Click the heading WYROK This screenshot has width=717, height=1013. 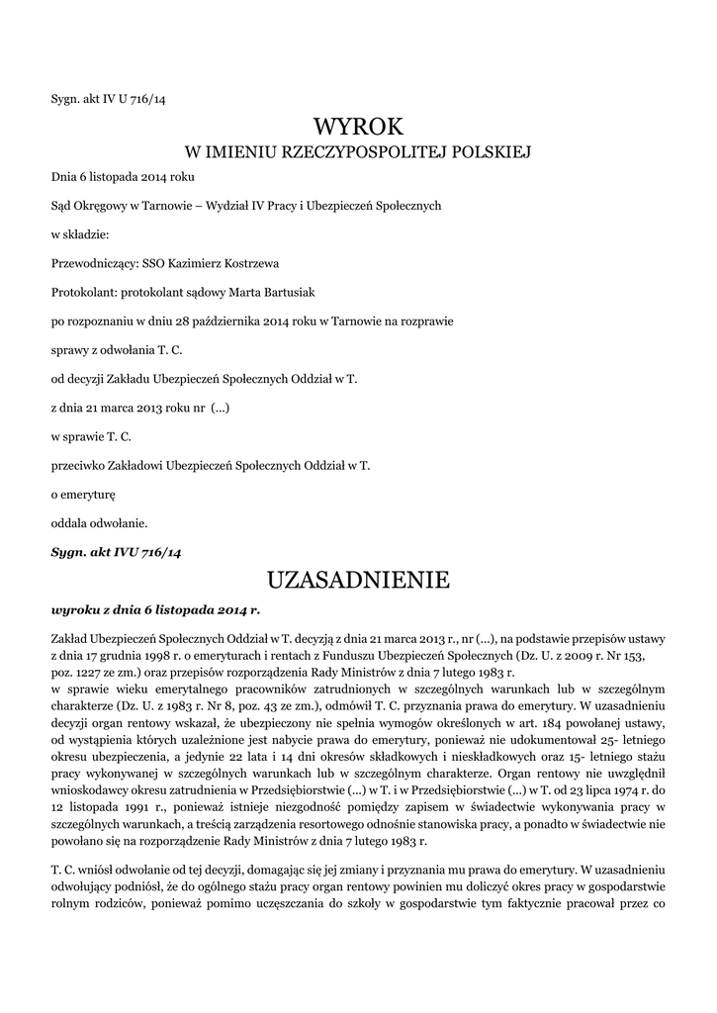pos(358,126)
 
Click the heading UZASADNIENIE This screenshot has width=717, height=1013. pos(358,579)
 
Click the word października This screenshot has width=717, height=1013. pos(224,322)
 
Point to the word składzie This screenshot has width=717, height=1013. pos(86,235)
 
